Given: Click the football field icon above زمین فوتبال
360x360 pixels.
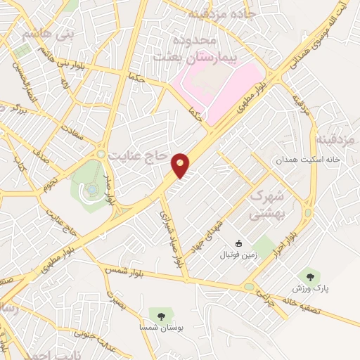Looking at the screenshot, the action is coord(239,245).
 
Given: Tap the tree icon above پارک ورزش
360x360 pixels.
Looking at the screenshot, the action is coord(307,276).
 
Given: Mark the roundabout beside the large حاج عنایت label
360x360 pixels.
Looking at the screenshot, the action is coord(102,153).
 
